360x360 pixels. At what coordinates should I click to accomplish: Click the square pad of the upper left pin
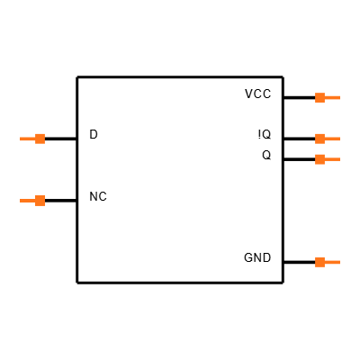point(40,139)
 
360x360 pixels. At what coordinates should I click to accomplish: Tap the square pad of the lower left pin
point(40,201)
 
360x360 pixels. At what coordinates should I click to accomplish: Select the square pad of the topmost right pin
point(319,97)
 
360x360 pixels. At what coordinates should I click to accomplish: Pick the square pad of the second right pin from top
point(319,139)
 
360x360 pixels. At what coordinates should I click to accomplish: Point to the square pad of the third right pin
point(319,159)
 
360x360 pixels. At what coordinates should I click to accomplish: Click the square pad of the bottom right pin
point(319,262)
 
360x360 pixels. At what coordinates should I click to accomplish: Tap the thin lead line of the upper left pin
point(27,139)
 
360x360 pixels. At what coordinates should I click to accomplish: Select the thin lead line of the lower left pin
point(27,201)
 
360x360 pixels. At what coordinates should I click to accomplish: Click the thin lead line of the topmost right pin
point(332,97)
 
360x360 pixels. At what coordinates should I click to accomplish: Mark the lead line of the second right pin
point(332,139)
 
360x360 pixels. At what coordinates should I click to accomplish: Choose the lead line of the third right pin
point(332,159)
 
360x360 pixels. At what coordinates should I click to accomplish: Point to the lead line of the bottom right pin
point(332,262)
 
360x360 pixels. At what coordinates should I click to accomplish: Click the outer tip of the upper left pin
point(21,139)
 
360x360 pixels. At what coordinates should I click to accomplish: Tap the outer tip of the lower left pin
point(21,201)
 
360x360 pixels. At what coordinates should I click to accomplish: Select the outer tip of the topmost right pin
point(339,97)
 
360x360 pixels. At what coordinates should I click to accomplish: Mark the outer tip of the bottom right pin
point(339,262)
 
